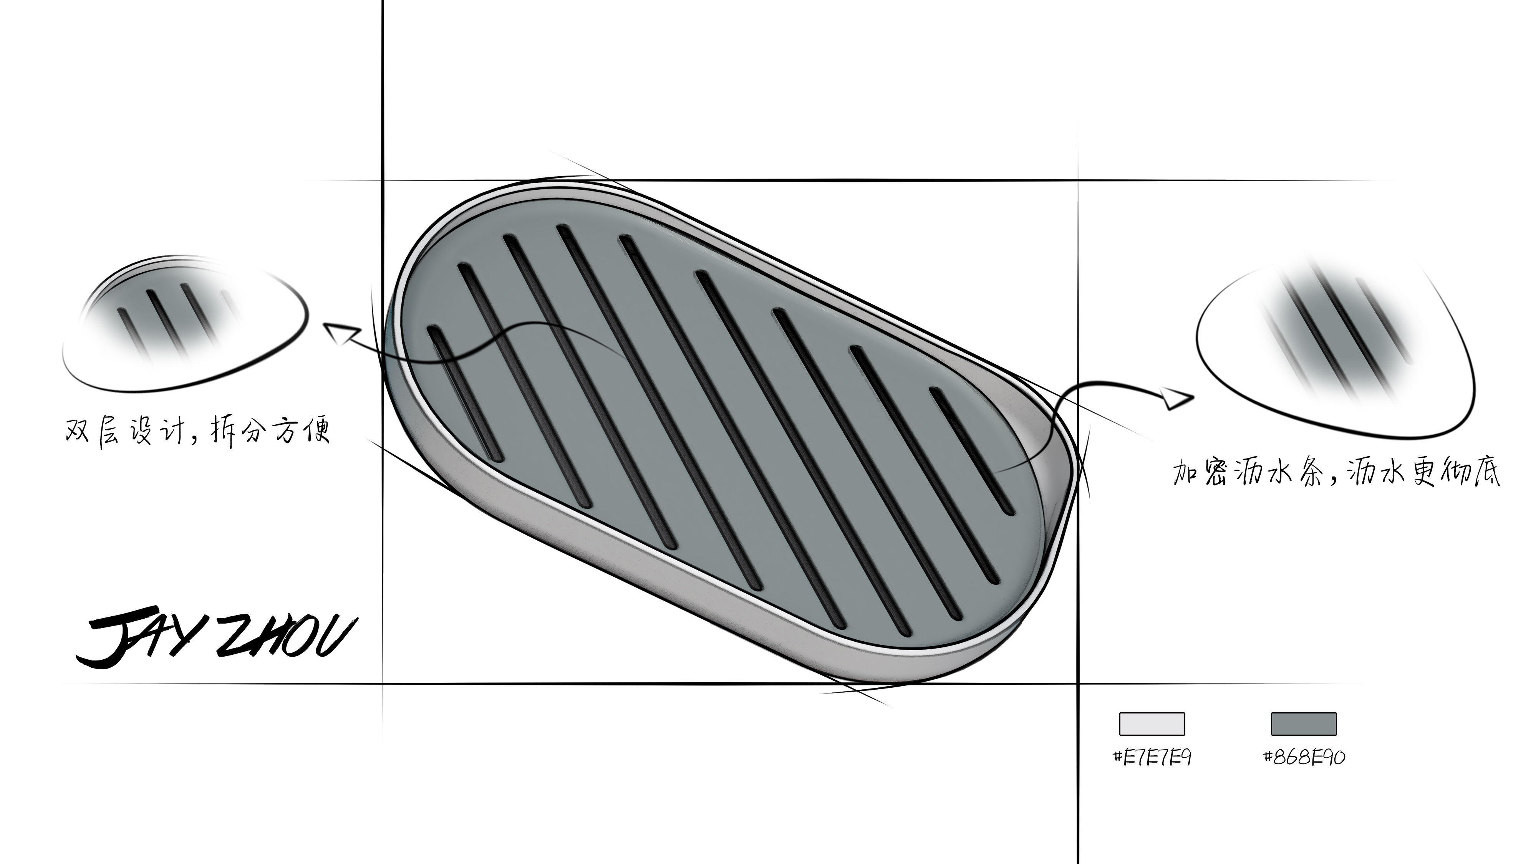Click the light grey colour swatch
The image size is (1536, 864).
(x=1152, y=723)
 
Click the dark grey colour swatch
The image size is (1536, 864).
(x=1304, y=723)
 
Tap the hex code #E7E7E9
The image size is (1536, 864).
(x=1152, y=757)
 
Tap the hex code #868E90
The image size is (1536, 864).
(x=1304, y=757)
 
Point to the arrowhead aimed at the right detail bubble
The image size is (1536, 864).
(x=1176, y=398)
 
